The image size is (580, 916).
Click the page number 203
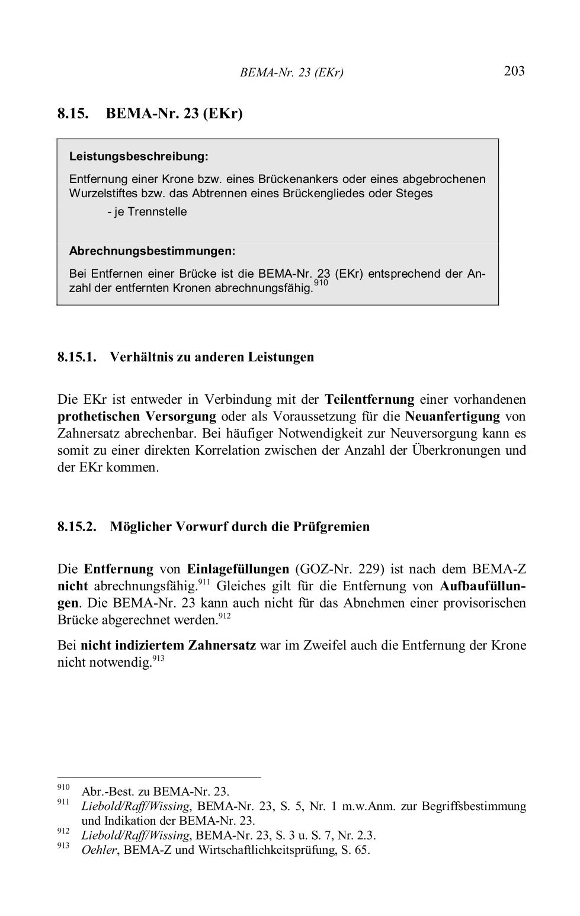(x=514, y=72)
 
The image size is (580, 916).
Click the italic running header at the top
(x=291, y=73)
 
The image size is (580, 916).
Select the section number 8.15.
(x=73, y=113)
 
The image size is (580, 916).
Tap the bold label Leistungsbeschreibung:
(x=139, y=157)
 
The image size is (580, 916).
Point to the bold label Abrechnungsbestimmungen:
(x=152, y=251)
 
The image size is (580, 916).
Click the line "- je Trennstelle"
(x=147, y=212)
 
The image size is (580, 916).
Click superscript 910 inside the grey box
(x=321, y=284)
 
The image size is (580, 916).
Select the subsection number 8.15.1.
(x=77, y=357)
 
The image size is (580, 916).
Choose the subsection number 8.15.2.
(x=77, y=526)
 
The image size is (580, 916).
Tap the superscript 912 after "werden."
(x=225, y=616)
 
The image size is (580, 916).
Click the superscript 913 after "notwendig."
(x=158, y=658)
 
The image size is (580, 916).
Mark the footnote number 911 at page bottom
(x=63, y=802)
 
